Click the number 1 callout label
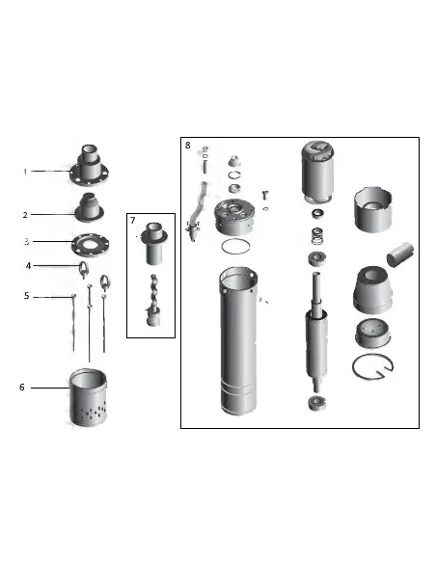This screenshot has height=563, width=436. tap(26, 172)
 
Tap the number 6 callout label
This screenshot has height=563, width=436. tap(22, 388)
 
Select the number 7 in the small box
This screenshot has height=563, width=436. tap(134, 221)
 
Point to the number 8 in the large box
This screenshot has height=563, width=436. tap(187, 146)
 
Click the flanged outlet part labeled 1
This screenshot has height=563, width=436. tap(88, 167)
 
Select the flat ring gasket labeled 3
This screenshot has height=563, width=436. tap(88, 243)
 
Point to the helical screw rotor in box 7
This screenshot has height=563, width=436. tap(152, 297)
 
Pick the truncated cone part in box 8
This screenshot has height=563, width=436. tap(373, 288)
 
